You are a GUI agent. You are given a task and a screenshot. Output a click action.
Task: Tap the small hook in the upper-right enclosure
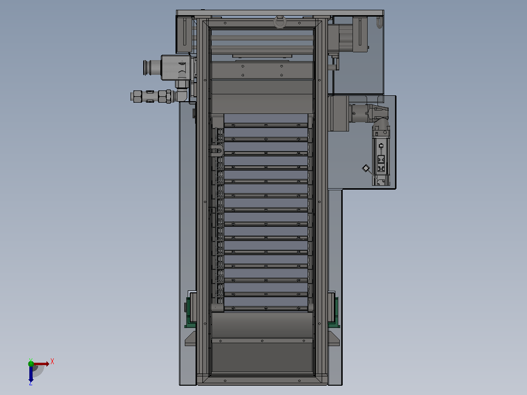point(379,23)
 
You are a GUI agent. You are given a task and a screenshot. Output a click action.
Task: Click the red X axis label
point(52,362)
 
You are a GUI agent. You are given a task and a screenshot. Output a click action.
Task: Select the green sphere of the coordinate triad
point(31,363)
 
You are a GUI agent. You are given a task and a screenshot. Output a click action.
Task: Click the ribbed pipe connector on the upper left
point(152,67)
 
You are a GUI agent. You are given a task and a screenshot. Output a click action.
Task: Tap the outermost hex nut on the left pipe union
point(137,96)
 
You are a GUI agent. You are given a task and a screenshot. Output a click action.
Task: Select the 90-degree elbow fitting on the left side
point(182,91)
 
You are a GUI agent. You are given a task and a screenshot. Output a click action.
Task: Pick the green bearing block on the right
point(334,310)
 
